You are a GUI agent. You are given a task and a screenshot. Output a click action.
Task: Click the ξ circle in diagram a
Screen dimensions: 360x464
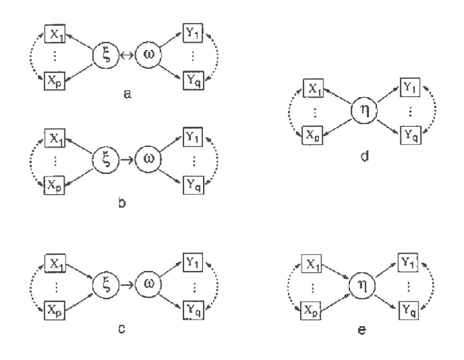[x=106, y=54]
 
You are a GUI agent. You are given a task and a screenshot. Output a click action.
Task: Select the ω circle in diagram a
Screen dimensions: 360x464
[x=149, y=54]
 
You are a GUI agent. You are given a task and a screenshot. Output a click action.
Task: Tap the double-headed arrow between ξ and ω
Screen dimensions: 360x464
[x=127, y=54]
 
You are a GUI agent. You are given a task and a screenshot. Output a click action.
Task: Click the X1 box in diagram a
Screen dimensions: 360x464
[x=54, y=32]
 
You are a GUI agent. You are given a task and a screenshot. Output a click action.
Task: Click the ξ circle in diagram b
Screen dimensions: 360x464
[x=106, y=159]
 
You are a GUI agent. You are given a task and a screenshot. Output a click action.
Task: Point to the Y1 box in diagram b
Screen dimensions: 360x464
[x=193, y=136]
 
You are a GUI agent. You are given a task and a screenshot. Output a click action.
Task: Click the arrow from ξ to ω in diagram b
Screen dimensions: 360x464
[x=128, y=159]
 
